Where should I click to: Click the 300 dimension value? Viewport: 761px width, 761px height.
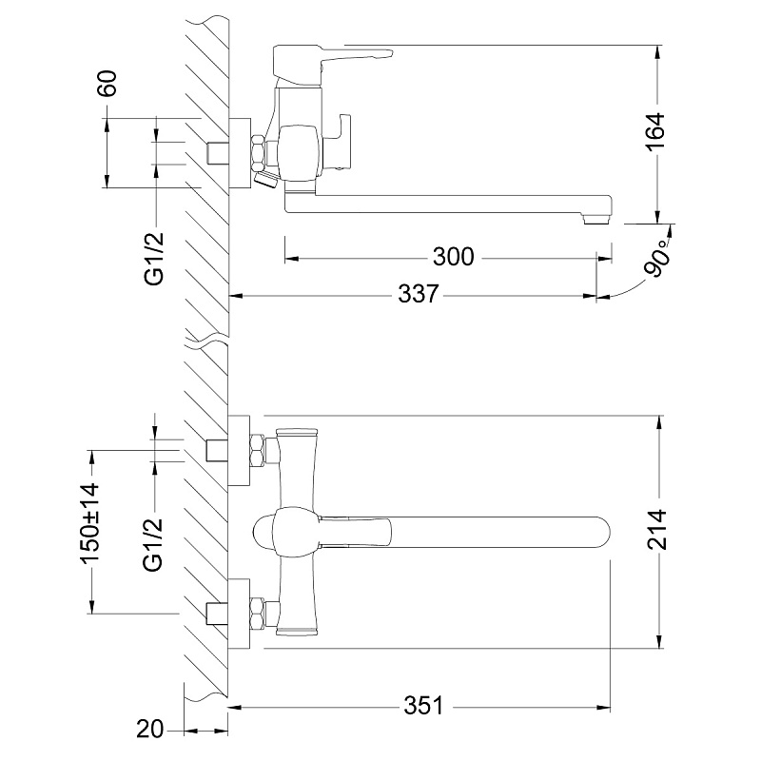point(454,257)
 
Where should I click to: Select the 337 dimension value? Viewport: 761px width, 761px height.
point(419,294)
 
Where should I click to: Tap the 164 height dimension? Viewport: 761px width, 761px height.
point(656,132)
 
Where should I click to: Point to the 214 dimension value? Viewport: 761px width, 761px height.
point(658,530)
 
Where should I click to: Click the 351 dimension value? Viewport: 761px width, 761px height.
point(423,705)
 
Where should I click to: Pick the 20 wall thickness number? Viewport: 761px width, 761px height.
point(149,729)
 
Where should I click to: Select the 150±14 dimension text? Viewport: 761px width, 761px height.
point(90,522)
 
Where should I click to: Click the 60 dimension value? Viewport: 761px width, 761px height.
point(107,84)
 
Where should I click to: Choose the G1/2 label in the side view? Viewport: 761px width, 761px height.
point(154,259)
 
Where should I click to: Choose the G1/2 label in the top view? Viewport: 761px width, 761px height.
point(153,544)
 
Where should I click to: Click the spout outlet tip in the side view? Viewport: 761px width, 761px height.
point(596,220)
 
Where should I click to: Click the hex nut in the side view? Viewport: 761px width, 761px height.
point(259,152)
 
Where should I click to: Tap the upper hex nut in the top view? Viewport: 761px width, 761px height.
point(257,450)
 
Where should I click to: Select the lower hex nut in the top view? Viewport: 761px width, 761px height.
point(257,615)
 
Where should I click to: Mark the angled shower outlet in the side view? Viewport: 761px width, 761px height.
point(266,179)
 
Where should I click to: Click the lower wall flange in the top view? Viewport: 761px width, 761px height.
point(239,614)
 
